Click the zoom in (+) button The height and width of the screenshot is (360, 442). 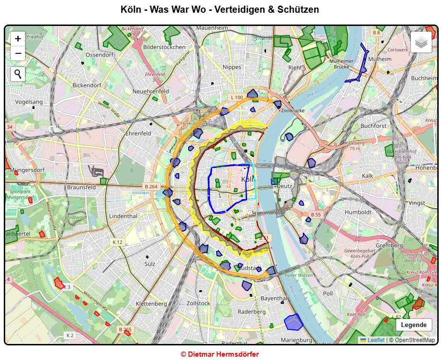click(x=18, y=39)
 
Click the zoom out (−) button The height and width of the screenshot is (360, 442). click(x=18, y=53)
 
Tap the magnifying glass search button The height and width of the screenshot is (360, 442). click(x=18, y=74)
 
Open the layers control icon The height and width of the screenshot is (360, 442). click(x=421, y=42)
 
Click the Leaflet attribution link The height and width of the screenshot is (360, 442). click(x=376, y=340)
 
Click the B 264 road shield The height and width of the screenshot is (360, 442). click(x=151, y=186)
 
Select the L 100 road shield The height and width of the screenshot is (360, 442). click(x=237, y=98)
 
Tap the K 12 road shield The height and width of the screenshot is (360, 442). click(x=117, y=242)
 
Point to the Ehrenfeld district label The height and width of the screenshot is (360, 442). click(x=138, y=134)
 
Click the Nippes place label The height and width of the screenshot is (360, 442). click(x=232, y=67)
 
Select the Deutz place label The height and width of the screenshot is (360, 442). click(x=284, y=186)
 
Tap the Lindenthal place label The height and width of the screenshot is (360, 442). click(x=123, y=216)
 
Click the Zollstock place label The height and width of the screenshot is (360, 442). click(x=198, y=303)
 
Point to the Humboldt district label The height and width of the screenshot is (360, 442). click(x=358, y=212)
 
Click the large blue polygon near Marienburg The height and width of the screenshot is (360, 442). click(x=293, y=322)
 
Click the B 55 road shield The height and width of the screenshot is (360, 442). click(x=316, y=215)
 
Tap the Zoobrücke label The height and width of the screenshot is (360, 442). click(x=292, y=111)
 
